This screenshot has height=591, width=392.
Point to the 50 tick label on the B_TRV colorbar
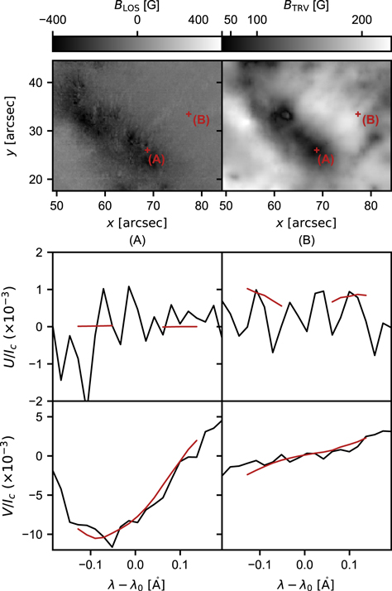[x=231, y=20]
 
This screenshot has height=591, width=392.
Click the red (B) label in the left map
[x=201, y=121]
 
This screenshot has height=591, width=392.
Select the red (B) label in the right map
[x=370, y=121]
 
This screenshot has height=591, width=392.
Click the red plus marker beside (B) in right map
[x=358, y=114]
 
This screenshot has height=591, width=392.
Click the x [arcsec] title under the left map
[x=136, y=223]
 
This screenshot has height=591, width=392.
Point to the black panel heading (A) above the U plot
[x=136, y=241]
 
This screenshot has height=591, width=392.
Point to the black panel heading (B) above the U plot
[x=305, y=241]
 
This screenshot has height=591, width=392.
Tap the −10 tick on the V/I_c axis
[x=33, y=535]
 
